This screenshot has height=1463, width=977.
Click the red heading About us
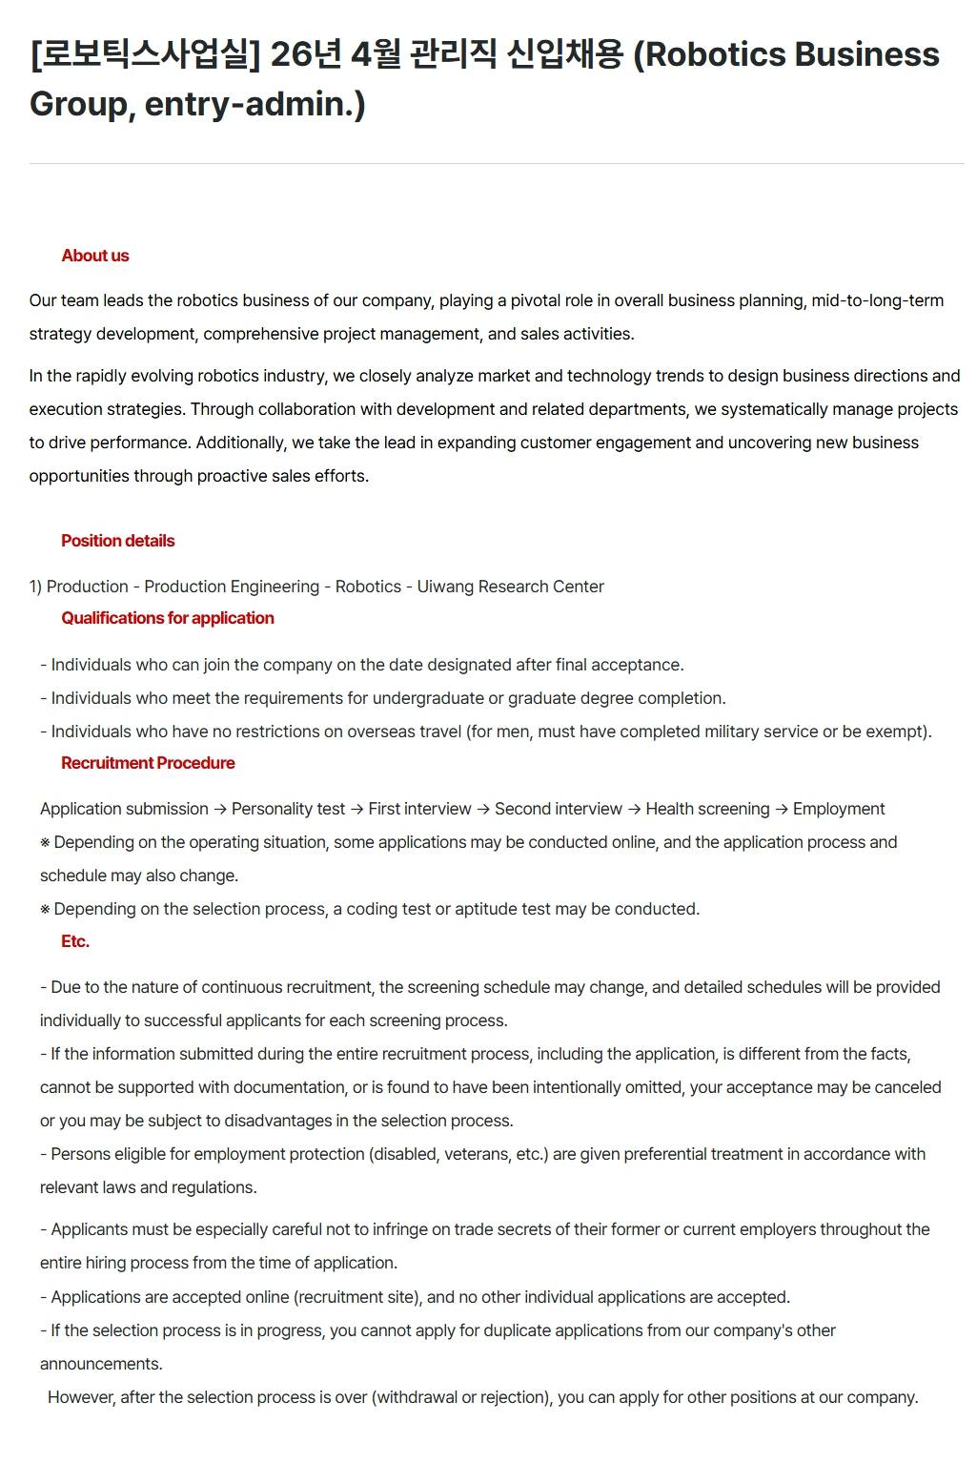pyautogui.click(x=94, y=256)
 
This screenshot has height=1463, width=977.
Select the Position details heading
pyautogui.click(x=117, y=541)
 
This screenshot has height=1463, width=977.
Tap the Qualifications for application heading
pyautogui.click(x=167, y=618)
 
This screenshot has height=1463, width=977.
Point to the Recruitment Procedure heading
pyautogui.click(x=148, y=763)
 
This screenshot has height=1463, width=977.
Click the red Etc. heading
pyautogui.click(x=74, y=941)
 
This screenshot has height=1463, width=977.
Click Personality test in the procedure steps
pyautogui.click(x=288, y=809)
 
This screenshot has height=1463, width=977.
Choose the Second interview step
pyautogui.click(x=558, y=809)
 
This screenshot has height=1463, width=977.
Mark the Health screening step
pyautogui.click(x=707, y=809)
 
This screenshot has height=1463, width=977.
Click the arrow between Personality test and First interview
pyautogui.click(x=356, y=809)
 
